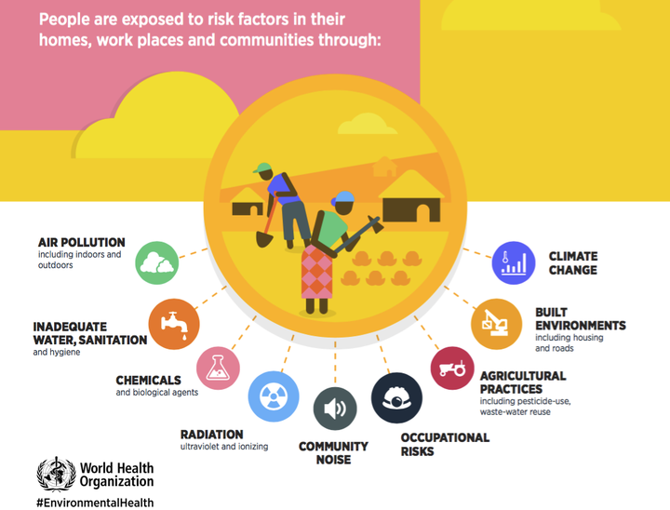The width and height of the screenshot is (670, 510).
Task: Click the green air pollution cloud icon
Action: pyautogui.click(x=157, y=262)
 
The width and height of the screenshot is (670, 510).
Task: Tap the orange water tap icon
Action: pyautogui.click(x=174, y=324)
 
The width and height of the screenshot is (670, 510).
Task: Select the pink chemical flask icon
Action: pyautogui.click(x=218, y=368)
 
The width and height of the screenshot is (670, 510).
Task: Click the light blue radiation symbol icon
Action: pyautogui.click(x=274, y=396)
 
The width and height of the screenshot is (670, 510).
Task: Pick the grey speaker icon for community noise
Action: pyautogui.click(x=335, y=409)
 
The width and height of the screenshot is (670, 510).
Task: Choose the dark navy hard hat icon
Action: pyautogui.click(x=397, y=397)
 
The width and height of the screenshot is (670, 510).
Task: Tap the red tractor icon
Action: pyautogui.click(x=452, y=368)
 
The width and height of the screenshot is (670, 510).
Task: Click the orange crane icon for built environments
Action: pyautogui.click(x=497, y=324)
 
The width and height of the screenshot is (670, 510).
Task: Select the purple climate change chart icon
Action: pyautogui.click(x=513, y=262)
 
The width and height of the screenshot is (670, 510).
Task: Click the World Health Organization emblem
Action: pyautogui.click(x=57, y=474)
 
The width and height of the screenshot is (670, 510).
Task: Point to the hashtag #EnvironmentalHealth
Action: pyautogui.click(x=95, y=503)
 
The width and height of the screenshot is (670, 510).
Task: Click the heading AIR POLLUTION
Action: pyautogui.click(x=82, y=242)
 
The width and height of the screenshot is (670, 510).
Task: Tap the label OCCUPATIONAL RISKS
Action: pyautogui.click(x=445, y=445)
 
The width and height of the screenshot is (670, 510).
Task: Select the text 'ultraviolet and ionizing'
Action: pyautogui.click(x=224, y=447)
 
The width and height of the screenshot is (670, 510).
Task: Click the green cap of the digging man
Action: pyautogui.click(x=261, y=168)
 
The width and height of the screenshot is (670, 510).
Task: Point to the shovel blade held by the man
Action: pyautogui.click(x=264, y=239)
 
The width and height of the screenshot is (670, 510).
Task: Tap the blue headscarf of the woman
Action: pyautogui.click(x=344, y=196)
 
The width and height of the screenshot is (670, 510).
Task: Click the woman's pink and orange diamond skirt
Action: pyautogui.click(x=316, y=272)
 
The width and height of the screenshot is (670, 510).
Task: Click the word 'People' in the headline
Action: pyautogui.click(x=64, y=20)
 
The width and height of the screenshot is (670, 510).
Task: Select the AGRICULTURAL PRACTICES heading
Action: pyautogui.click(x=523, y=382)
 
